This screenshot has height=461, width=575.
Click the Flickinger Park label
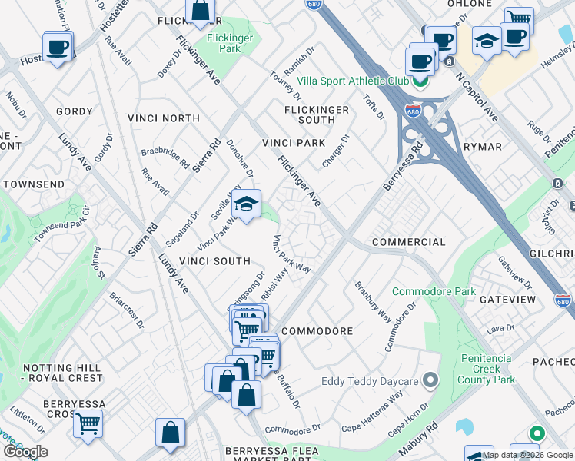point(224,43)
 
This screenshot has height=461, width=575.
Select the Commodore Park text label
point(434,291)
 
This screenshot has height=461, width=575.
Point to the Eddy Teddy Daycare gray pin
point(430,380)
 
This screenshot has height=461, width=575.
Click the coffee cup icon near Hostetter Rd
point(58,48)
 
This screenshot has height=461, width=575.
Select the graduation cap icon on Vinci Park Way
point(247,205)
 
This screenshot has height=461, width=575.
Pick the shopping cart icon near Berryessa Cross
point(88,423)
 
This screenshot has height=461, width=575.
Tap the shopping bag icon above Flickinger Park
point(200,12)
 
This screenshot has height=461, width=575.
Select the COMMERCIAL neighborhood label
point(408,242)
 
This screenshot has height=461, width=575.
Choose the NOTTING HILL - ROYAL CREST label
point(52,373)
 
